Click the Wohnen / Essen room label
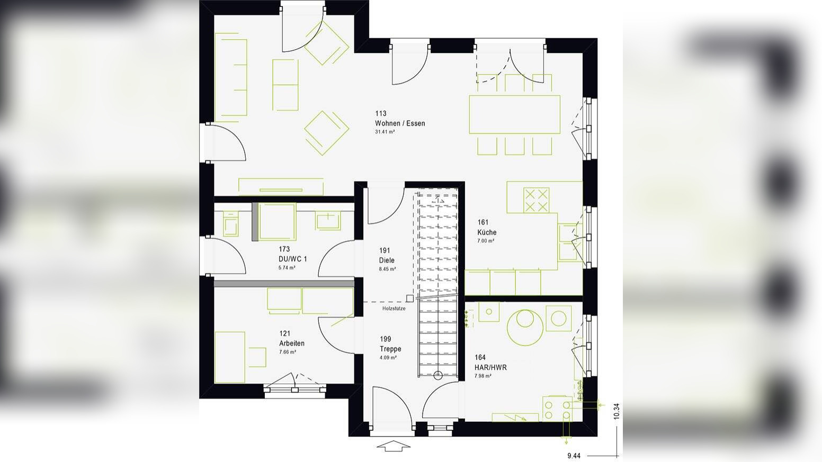[400, 123]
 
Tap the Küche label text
[487, 232]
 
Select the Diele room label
[387, 260]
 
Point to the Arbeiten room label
[292, 343]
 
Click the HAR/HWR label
[490, 367]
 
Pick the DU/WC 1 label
[292, 259]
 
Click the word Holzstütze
[394, 309]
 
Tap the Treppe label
[390, 349]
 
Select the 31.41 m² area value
[385, 132]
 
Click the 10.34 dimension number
[616, 411]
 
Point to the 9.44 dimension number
[574, 456]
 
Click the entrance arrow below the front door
[393, 446]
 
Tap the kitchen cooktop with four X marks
[536, 200]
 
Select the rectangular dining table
[514, 114]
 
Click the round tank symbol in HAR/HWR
[525, 326]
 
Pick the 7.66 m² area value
[288, 352]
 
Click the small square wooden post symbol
[409, 298]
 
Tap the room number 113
[381, 113]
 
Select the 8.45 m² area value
[388, 269]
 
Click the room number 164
[480, 358]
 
